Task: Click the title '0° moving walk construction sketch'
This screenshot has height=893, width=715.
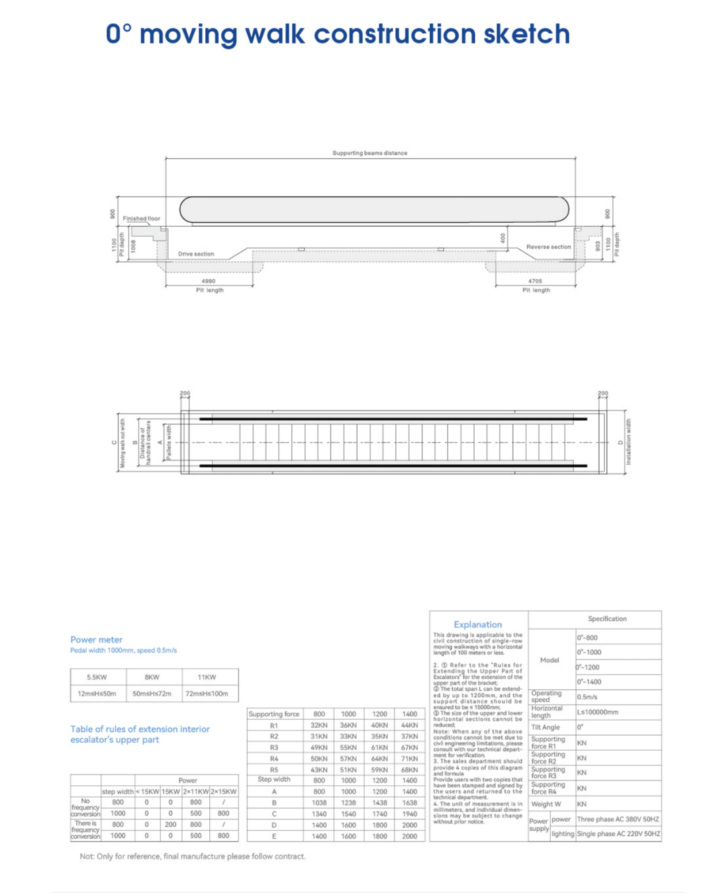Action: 338,34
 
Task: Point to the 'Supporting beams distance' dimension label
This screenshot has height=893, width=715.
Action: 369,153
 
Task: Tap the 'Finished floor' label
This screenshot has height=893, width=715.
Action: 141,218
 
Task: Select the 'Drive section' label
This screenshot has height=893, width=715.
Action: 196,254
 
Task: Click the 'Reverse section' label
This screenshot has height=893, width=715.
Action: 548,247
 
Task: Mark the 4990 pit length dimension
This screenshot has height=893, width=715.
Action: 209,281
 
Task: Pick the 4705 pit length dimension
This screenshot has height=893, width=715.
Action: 535,281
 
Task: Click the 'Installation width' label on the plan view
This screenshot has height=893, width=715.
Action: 628,442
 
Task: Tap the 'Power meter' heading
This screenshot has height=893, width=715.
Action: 97,640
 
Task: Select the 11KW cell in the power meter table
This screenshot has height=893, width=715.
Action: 207,677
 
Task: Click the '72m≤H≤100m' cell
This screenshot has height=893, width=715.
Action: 207,694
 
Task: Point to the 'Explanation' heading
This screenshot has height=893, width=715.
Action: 477,624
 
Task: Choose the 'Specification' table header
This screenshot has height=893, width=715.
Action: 607,619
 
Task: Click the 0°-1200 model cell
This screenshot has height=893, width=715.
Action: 588,667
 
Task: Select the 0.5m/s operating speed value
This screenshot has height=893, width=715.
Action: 587,697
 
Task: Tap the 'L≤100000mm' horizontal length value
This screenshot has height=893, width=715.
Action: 598,712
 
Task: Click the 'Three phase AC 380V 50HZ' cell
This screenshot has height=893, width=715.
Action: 618,819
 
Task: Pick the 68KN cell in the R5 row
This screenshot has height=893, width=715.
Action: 409,770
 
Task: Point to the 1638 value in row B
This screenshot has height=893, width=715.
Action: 409,803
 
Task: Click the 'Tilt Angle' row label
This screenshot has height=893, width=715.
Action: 546,728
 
